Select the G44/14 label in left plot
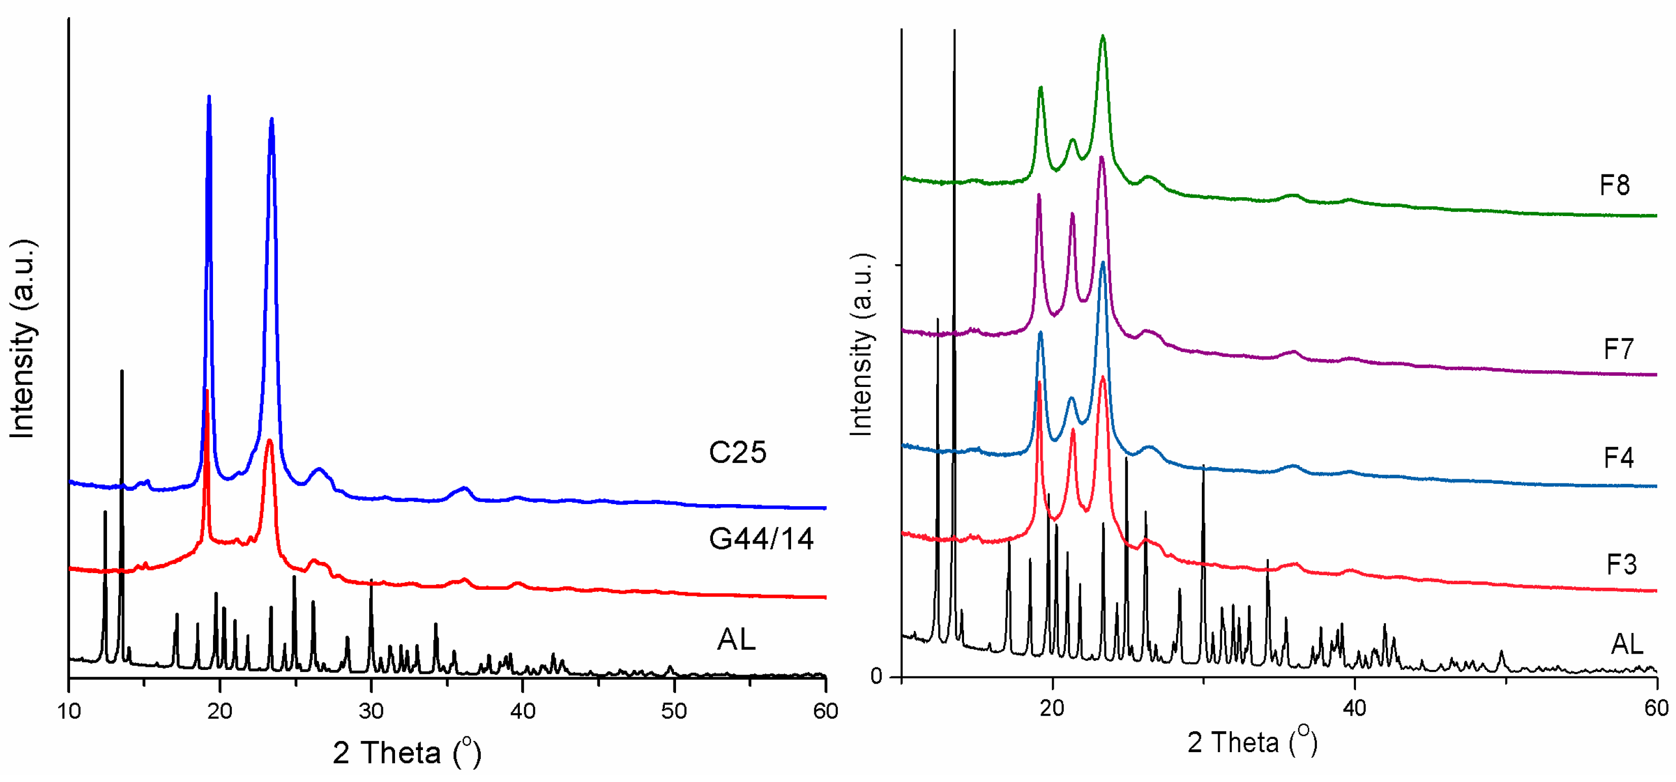pos(761,538)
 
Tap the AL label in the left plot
pos(736,639)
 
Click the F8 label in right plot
pos(1615,186)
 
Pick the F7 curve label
pos(1618,349)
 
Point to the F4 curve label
pos(1618,457)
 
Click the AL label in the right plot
pos(1626,644)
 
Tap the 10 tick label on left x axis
pos(69,711)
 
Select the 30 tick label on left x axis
pos(371,711)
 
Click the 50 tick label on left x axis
pos(674,711)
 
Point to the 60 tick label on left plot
pos(825,711)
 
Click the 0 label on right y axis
pos(877,677)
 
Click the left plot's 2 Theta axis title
pos(407,754)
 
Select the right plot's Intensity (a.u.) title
pos(862,345)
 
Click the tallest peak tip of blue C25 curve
pos(209,96)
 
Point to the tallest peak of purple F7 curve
pos(1101,157)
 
